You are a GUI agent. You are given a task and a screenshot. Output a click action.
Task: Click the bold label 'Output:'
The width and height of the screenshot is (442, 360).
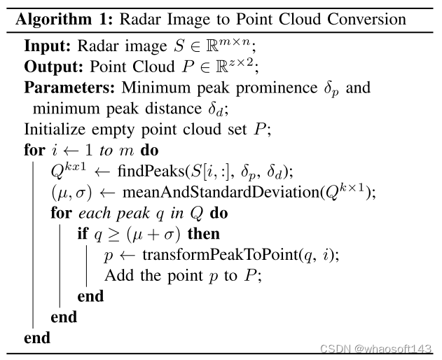coord(53,68)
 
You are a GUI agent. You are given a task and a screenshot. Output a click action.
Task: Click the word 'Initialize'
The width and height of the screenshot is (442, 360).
coord(54,130)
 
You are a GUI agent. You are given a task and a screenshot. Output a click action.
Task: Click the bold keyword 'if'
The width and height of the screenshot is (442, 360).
coord(83,234)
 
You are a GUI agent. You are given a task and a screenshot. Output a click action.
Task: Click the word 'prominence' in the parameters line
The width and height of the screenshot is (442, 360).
coord(272,89)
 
